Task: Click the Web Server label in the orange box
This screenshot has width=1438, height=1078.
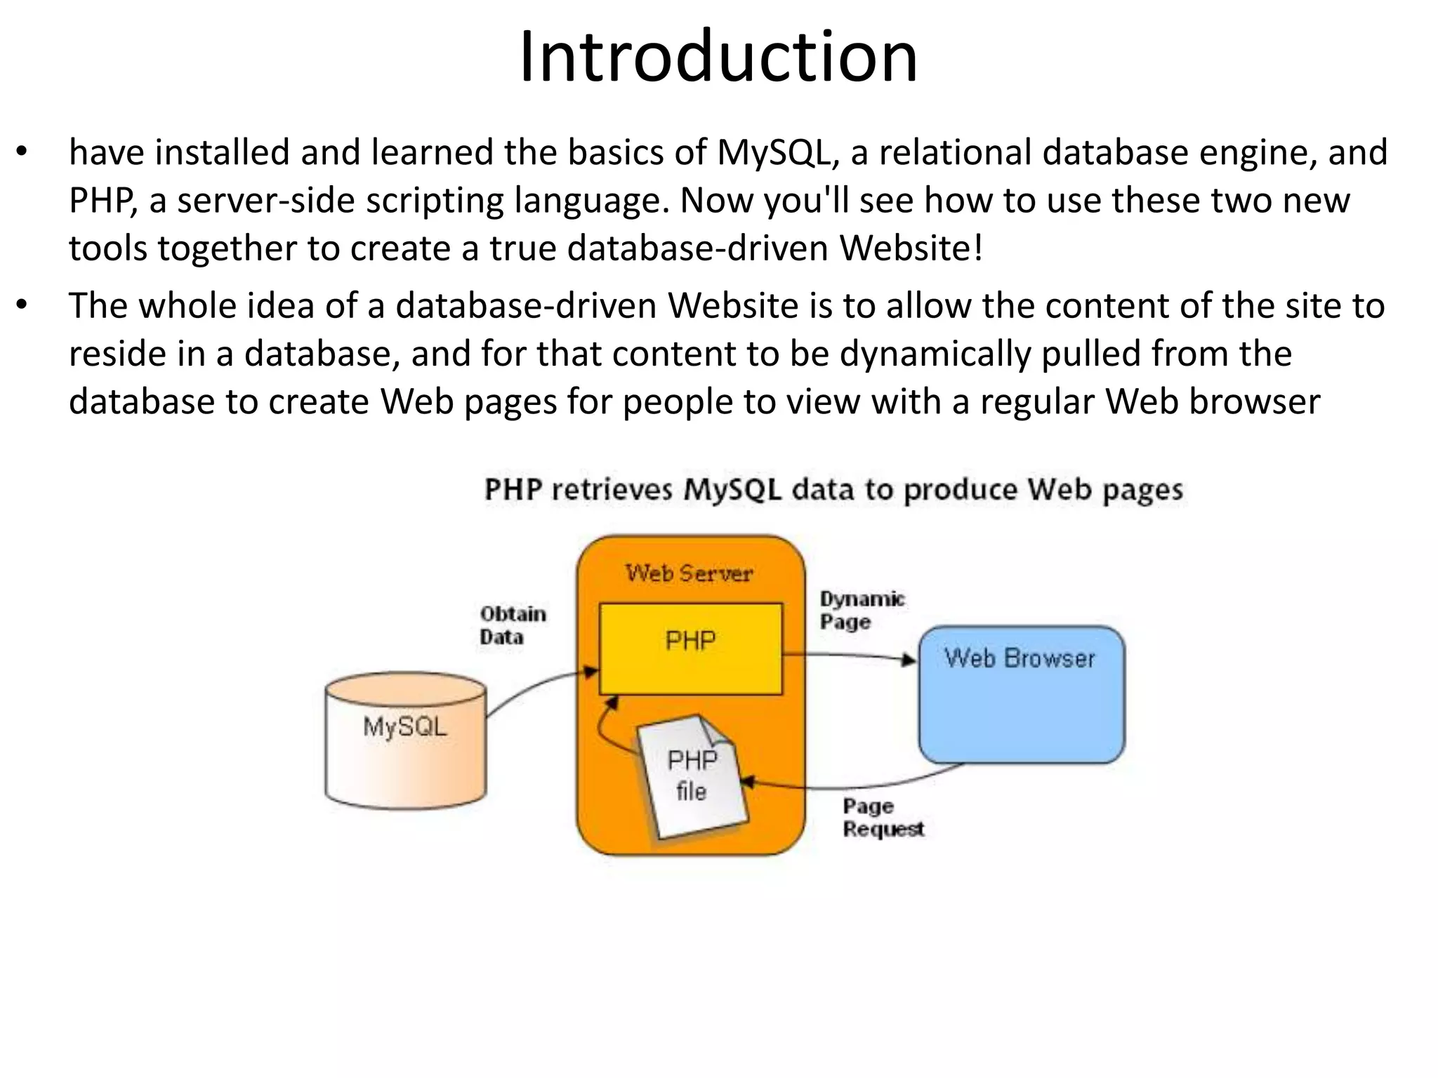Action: [x=689, y=573]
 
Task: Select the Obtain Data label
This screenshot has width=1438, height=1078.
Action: [x=513, y=625]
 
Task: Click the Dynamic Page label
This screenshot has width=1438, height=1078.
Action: [x=862, y=610]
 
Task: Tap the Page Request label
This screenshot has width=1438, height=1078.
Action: [x=883, y=818]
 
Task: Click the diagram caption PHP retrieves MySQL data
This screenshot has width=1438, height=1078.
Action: [x=833, y=490]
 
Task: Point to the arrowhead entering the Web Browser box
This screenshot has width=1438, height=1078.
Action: [x=910, y=660]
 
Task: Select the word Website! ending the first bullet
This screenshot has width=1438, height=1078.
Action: [x=911, y=248]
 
